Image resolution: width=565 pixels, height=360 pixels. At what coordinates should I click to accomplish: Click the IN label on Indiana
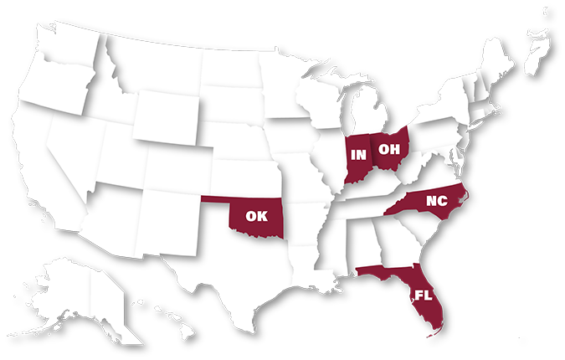click(358, 154)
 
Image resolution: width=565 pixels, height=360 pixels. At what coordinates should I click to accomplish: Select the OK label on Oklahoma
click(256, 215)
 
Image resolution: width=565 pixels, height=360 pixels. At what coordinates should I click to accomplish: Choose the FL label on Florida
click(422, 294)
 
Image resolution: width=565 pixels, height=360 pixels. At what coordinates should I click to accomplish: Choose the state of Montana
click(159, 67)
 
